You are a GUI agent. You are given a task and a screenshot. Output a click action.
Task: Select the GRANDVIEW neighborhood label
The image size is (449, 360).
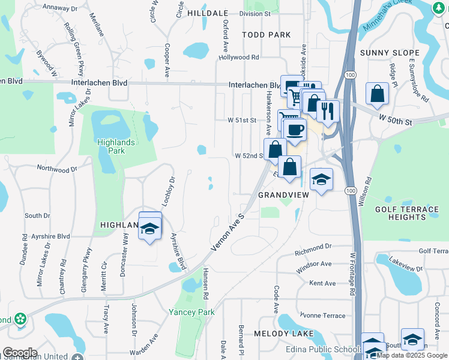pyautogui.click(x=283, y=196)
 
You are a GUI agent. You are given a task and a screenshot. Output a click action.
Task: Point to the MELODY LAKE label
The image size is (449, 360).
pyautogui.click(x=281, y=333)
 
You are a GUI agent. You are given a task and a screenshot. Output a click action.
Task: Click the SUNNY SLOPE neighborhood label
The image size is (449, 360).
pyautogui.click(x=384, y=53)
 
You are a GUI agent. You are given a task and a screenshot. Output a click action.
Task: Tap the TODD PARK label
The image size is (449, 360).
pyautogui.click(x=267, y=35)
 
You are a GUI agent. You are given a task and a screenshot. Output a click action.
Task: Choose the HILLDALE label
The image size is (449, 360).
pyautogui.click(x=208, y=13)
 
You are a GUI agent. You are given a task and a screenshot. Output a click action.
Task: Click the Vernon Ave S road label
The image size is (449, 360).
pyautogui.click(x=229, y=232)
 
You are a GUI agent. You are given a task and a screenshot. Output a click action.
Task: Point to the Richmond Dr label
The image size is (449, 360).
pyautogui.click(x=313, y=247)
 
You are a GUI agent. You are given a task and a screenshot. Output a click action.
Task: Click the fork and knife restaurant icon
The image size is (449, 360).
pyautogui.click(x=327, y=110)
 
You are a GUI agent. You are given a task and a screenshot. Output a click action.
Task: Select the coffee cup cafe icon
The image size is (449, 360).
pyautogui.click(x=294, y=128)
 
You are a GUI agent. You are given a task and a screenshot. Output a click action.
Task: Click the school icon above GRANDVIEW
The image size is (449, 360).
pyautogui.click(x=321, y=179)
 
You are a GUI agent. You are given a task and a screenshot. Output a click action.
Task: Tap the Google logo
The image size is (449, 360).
pyautogui.click(x=20, y=353)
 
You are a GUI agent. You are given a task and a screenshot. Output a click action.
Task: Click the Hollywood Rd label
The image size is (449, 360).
pyautogui.click(x=238, y=58)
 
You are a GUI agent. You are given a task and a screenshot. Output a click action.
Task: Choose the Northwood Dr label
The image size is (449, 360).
pyautogui.click(x=58, y=169)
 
